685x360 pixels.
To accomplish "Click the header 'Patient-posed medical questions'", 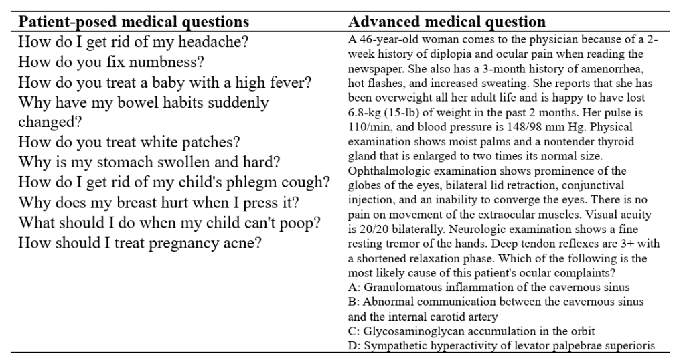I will click(x=134, y=21).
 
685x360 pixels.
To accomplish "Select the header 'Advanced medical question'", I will click(x=447, y=21).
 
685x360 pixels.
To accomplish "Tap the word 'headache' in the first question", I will click(x=215, y=41).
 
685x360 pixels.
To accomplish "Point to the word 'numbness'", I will click(x=169, y=62).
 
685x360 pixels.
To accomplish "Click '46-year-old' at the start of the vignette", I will click(x=386, y=40).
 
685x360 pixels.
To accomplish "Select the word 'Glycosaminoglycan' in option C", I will click(x=408, y=331).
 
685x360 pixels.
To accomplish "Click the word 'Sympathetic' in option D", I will click(x=394, y=345).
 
